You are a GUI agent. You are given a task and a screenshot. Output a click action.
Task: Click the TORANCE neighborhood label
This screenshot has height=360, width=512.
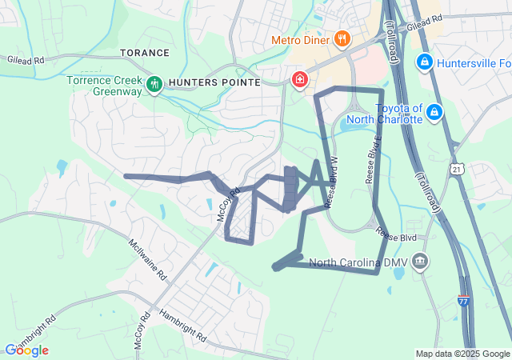(145, 53)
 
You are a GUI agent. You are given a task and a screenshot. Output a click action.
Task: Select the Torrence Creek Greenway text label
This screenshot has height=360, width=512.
(103, 86)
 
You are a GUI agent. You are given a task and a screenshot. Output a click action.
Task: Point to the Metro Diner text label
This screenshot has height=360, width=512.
(301, 39)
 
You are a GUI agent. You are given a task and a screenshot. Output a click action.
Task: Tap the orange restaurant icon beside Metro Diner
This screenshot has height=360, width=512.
(342, 38)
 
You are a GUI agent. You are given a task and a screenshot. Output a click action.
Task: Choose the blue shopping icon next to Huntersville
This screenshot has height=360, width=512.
(426, 62)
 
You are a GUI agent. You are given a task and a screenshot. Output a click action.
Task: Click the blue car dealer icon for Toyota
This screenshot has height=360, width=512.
(434, 112)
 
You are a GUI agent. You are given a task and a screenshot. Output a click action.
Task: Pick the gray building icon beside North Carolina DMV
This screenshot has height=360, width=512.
(421, 262)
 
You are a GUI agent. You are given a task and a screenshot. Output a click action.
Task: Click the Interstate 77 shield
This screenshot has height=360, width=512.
(463, 301)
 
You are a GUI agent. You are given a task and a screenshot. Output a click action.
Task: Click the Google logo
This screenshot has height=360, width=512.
(26, 350)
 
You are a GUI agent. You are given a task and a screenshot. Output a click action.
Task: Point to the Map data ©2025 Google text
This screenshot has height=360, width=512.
(462, 354)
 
